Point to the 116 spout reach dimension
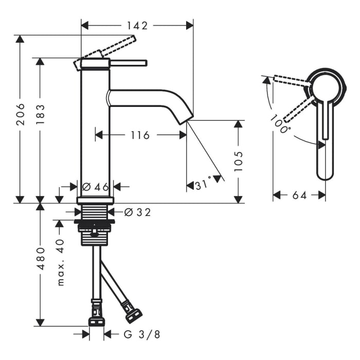click(x=139, y=135)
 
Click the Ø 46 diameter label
click(x=96, y=187)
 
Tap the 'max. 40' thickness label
click(x=60, y=262)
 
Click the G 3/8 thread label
click(x=142, y=334)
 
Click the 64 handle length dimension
click(x=299, y=195)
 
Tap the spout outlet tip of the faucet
click(x=186, y=119)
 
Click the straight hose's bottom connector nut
click(x=96, y=321)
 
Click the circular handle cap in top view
click(x=325, y=86)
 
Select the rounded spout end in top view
click(x=325, y=172)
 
